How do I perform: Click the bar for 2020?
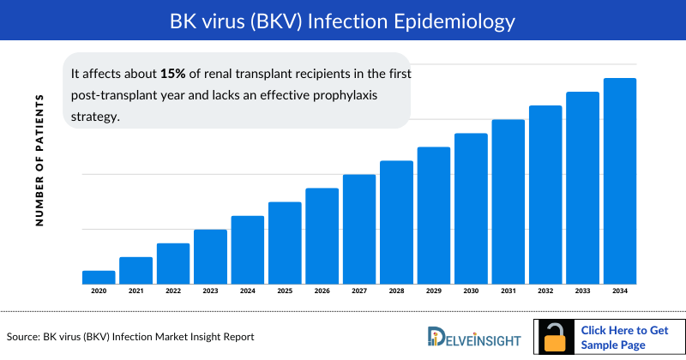99,277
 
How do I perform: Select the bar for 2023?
210,256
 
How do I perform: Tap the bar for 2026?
322,236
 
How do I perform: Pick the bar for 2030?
471,208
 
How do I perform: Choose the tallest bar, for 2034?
619,181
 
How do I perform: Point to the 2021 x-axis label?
135,292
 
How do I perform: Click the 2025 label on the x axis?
285,292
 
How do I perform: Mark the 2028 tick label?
396,292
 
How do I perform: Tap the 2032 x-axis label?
545,292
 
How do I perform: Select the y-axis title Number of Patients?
39,160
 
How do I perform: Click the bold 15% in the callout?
174,74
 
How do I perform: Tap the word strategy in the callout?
94,115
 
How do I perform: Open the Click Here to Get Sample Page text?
625,337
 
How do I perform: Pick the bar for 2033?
582,188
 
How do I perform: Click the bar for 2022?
173,263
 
